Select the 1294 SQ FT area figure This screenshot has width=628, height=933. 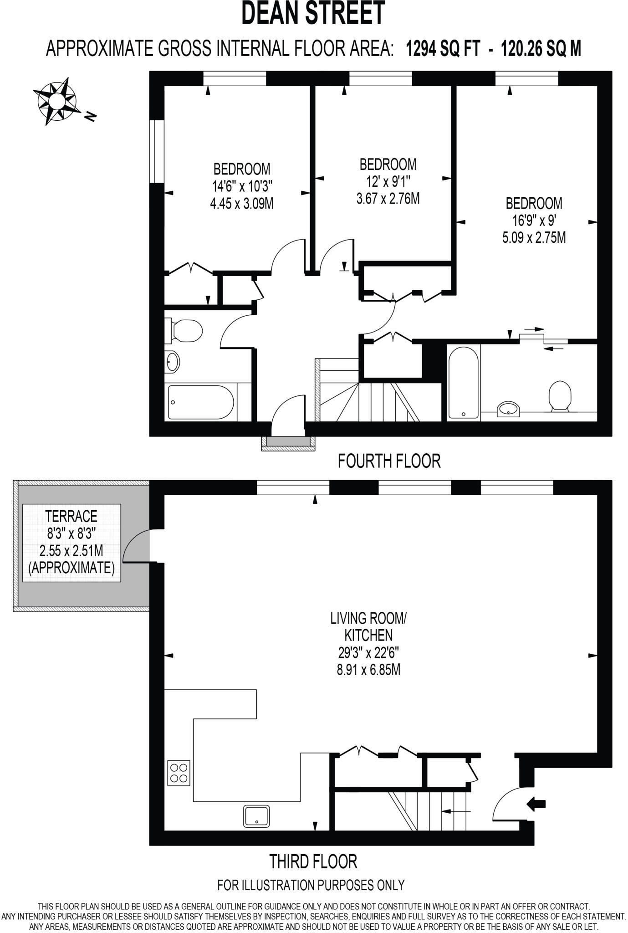443,48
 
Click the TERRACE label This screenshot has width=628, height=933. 71,516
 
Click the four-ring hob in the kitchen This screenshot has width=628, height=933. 179,773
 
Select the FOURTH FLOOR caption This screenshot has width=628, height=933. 389,461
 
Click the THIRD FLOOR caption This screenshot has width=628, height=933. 313,861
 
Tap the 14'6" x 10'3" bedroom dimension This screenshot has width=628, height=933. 241,186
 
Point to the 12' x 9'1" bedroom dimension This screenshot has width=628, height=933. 388,182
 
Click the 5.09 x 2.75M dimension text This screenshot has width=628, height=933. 534,238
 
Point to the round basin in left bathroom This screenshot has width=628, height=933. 173,362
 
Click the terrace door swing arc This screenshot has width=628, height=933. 135,544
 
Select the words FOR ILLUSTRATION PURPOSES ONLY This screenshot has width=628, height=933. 311,885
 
